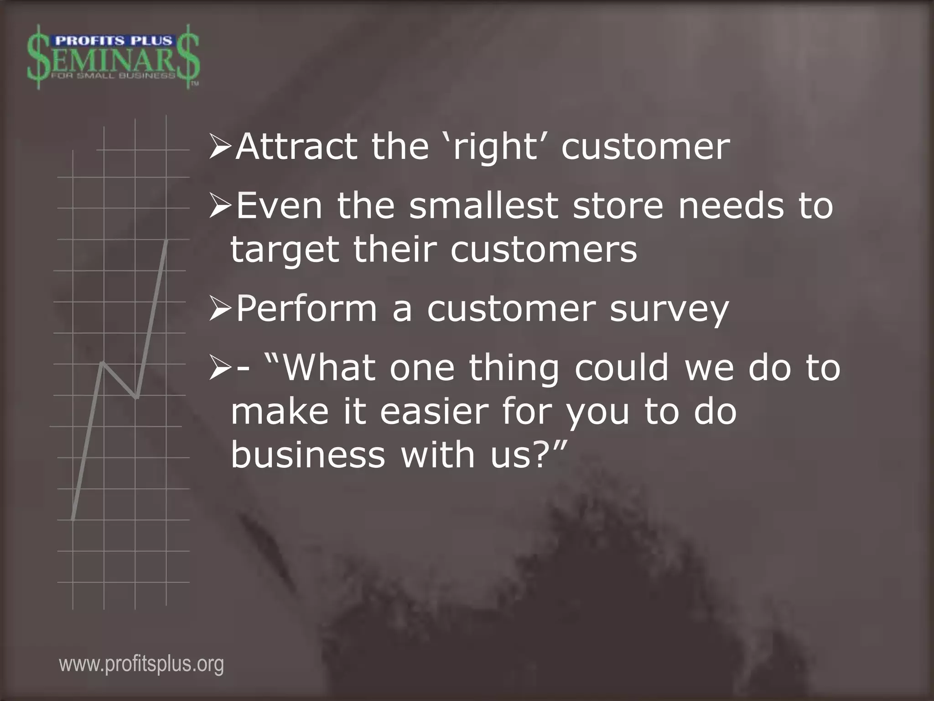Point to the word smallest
(483, 205)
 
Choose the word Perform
(306, 309)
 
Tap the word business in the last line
(308, 455)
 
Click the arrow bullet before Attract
(220, 147)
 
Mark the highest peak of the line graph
(167, 240)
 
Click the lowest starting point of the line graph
(73, 519)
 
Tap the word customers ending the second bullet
(544, 250)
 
